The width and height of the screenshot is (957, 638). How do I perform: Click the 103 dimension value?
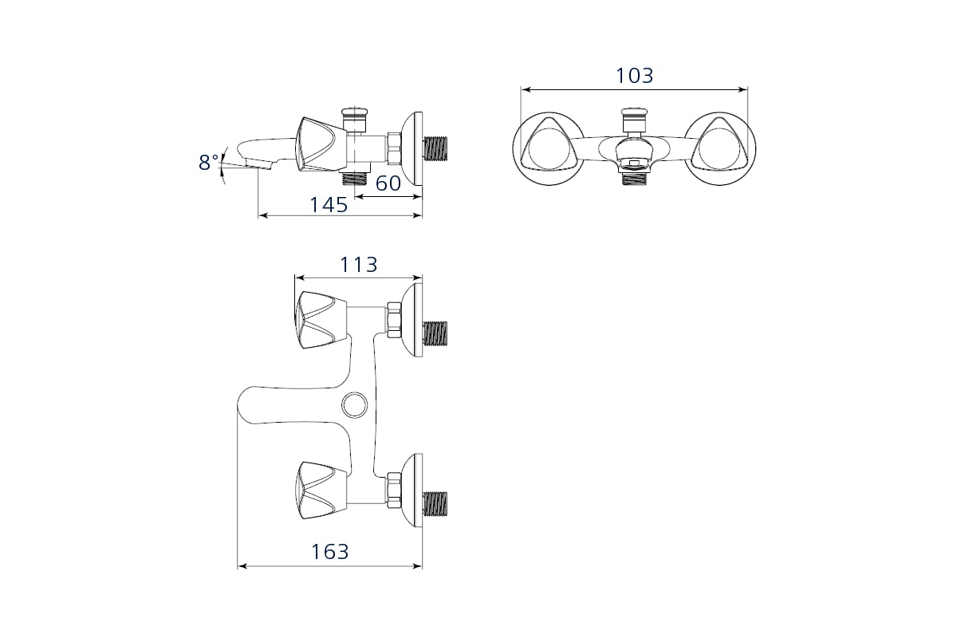pyautogui.click(x=635, y=76)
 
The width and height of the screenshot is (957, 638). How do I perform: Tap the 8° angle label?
pyautogui.click(x=208, y=163)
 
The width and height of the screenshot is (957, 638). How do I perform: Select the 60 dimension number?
pyautogui.click(x=388, y=183)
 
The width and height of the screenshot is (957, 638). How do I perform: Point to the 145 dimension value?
pyautogui.click(x=329, y=205)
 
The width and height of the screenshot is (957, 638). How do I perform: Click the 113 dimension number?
pyautogui.click(x=358, y=265)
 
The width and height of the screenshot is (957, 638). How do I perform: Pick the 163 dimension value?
pyautogui.click(x=330, y=552)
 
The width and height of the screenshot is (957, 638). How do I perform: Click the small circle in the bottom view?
pyautogui.click(x=355, y=404)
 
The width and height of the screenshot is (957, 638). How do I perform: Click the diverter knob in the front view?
pyautogui.click(x=635, y=119)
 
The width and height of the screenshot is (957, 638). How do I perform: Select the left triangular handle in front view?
pyautogui.click(x=549, y=148)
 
